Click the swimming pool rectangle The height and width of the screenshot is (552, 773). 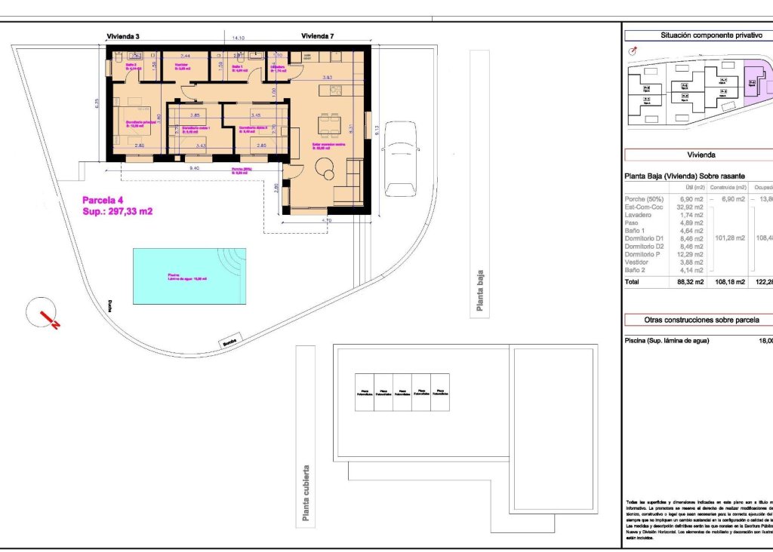tap(189, 277)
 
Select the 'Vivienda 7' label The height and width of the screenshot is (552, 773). tap(317, 35)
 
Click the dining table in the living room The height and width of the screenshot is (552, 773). tap(329, 123)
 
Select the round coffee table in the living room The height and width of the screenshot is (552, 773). tap(330, 173)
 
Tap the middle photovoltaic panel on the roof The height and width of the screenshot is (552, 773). tap(402, 392)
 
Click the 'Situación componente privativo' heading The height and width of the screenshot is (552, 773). tap(701, 35)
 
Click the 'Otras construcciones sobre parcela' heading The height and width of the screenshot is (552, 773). tap(701, 320)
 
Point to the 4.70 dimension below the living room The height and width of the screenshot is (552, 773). tap(326, 220)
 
